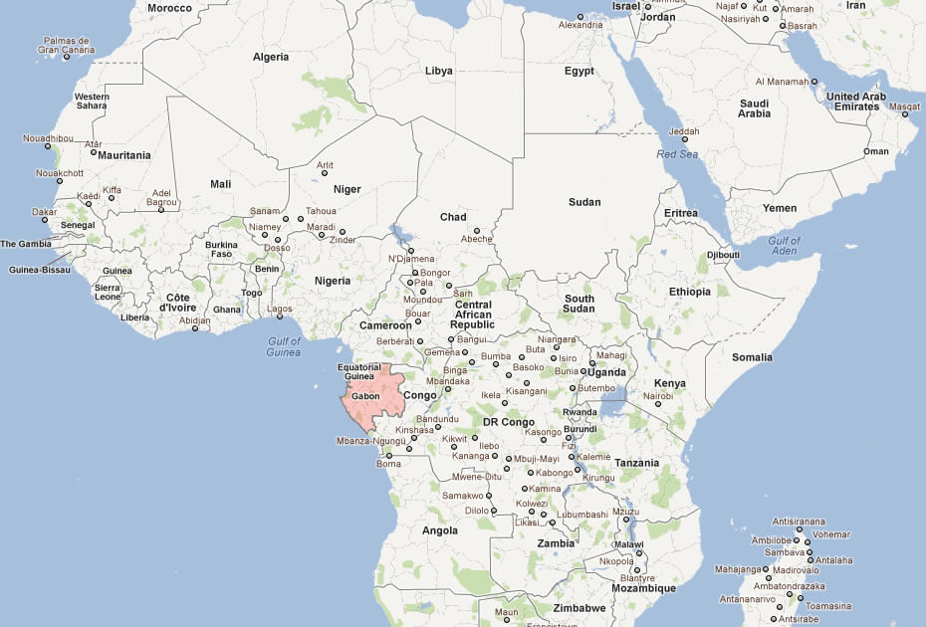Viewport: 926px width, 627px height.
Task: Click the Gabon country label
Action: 366,396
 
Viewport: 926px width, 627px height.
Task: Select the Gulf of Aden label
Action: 784,246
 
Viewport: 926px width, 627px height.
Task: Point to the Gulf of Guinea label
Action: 284,346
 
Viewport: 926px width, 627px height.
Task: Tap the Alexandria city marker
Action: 580,17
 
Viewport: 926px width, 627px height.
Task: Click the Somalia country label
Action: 752,356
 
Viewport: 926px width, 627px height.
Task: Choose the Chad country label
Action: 453,217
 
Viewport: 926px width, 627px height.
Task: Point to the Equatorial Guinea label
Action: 362,370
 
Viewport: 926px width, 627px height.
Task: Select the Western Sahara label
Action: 92,101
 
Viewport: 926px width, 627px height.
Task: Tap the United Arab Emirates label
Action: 855,102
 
